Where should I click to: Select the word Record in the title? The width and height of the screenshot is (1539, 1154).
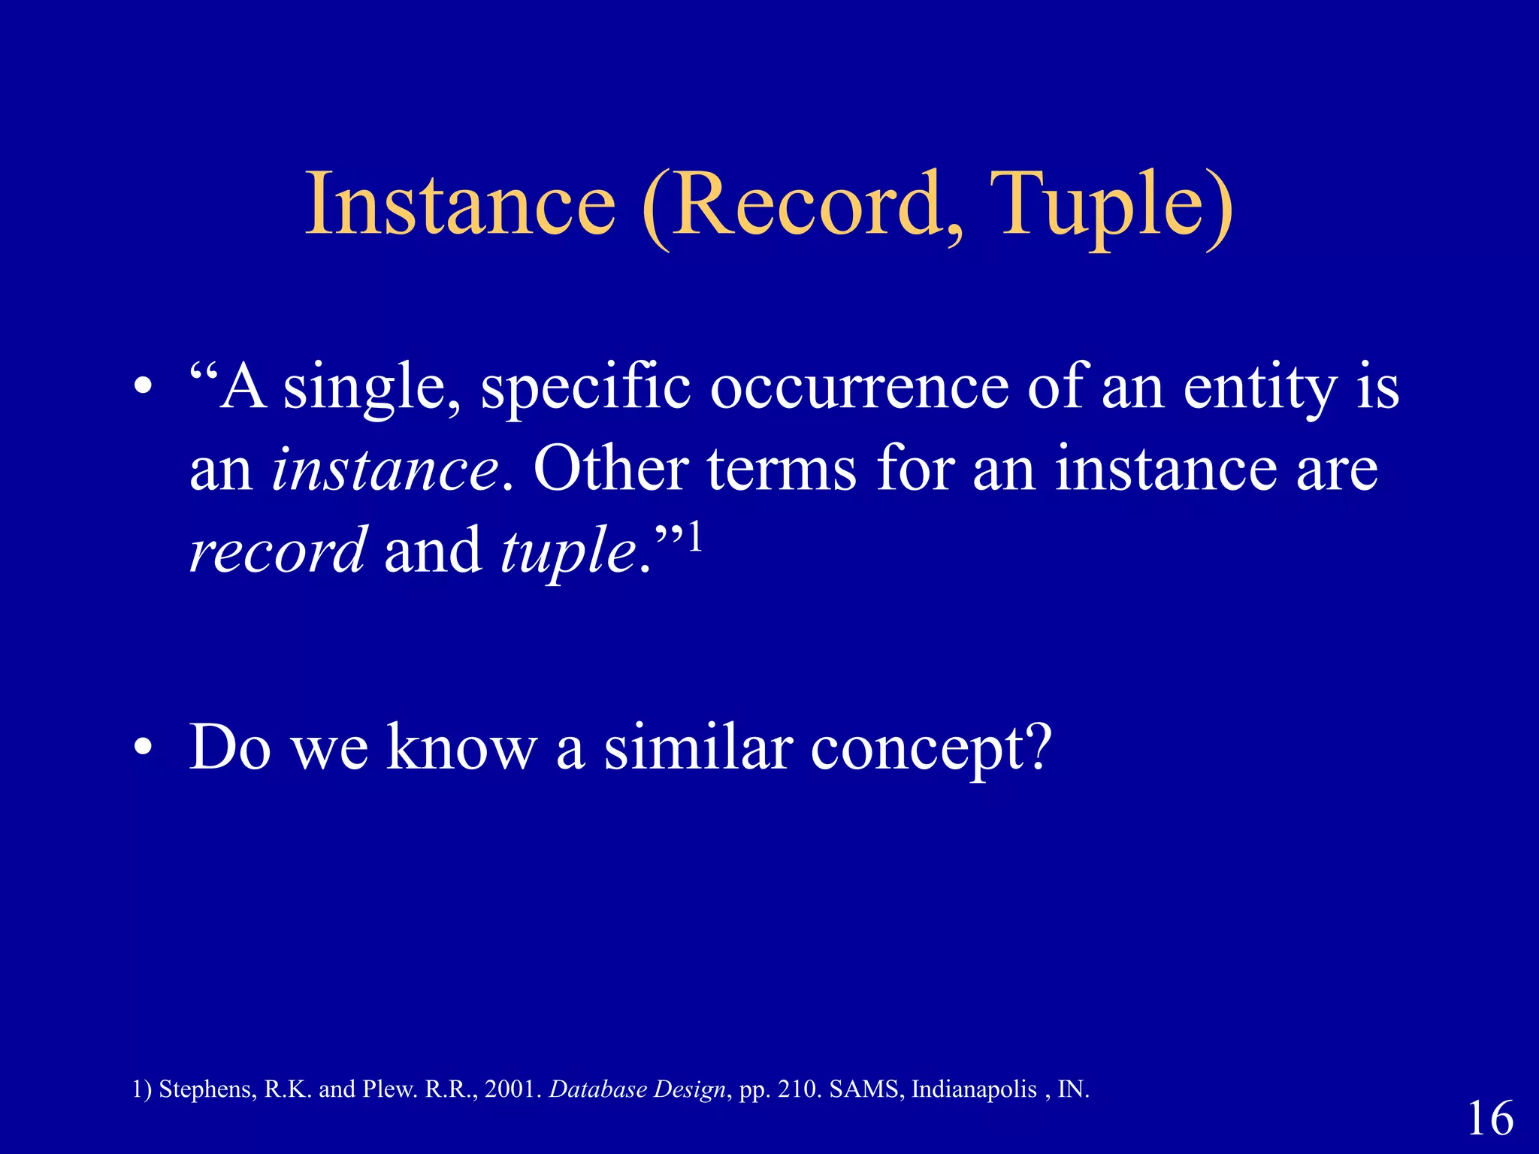pyautogui.click(x=804, y=204)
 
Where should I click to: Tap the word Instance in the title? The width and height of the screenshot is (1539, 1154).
pyautogui.click(x=460, y=204)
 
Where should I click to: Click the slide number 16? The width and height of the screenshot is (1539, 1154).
pyautogui.click(x=1489, y=1118)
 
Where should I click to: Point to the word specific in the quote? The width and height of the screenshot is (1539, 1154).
pyautogui.click(x=585, y=389)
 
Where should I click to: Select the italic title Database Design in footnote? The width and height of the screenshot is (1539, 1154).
pyautogui.click(x=637, y=1089)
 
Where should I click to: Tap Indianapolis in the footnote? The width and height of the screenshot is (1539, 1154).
pyautogui.click(x=973, y=1089)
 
